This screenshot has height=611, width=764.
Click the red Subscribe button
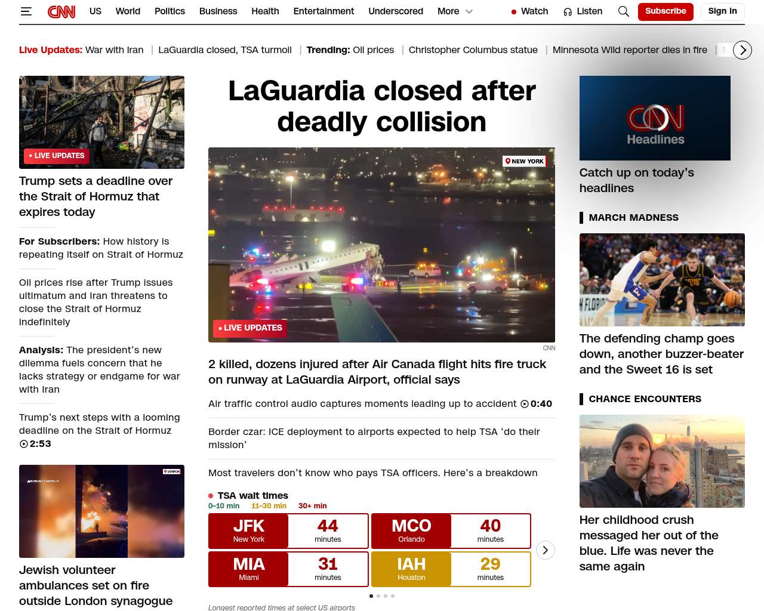click(666, 11)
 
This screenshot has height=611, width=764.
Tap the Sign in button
click(722, 11)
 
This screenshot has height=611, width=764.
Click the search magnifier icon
click(624, 11)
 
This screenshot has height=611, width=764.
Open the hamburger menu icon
click(26, 11)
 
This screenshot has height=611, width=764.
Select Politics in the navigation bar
click(170, 11)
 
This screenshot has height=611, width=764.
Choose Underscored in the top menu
click(396, 11)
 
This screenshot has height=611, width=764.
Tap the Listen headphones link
click(583, 11)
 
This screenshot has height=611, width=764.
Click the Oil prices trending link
click(373, 50)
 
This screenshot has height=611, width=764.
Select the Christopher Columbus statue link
click(473, 50)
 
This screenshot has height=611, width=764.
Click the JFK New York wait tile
click(249, 530)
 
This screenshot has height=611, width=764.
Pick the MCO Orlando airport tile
click(411, 530)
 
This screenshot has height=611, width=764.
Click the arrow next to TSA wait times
click(545, 550)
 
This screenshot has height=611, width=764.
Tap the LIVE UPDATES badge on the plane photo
click(250, 328)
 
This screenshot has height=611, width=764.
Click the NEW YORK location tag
click(525, 161)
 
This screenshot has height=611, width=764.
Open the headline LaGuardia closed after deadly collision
click(382, 106)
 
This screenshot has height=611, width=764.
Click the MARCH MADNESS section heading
click(633, 218)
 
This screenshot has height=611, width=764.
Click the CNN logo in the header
click(61, 11)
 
